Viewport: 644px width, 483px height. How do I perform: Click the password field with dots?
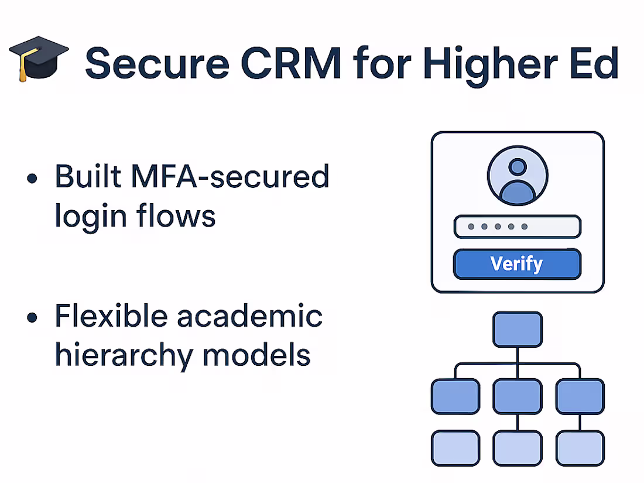[518, 227]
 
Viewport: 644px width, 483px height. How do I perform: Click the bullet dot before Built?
[33, 178]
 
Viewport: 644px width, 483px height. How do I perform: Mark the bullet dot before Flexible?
[33, 318]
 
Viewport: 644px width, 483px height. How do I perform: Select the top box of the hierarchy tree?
[518, 330]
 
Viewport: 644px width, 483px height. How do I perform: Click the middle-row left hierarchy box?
[455, 396]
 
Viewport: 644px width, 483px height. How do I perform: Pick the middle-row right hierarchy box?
[580, 396]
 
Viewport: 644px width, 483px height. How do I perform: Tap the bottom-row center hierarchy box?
[518, 448]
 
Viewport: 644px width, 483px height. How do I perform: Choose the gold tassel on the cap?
[22, 69]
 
